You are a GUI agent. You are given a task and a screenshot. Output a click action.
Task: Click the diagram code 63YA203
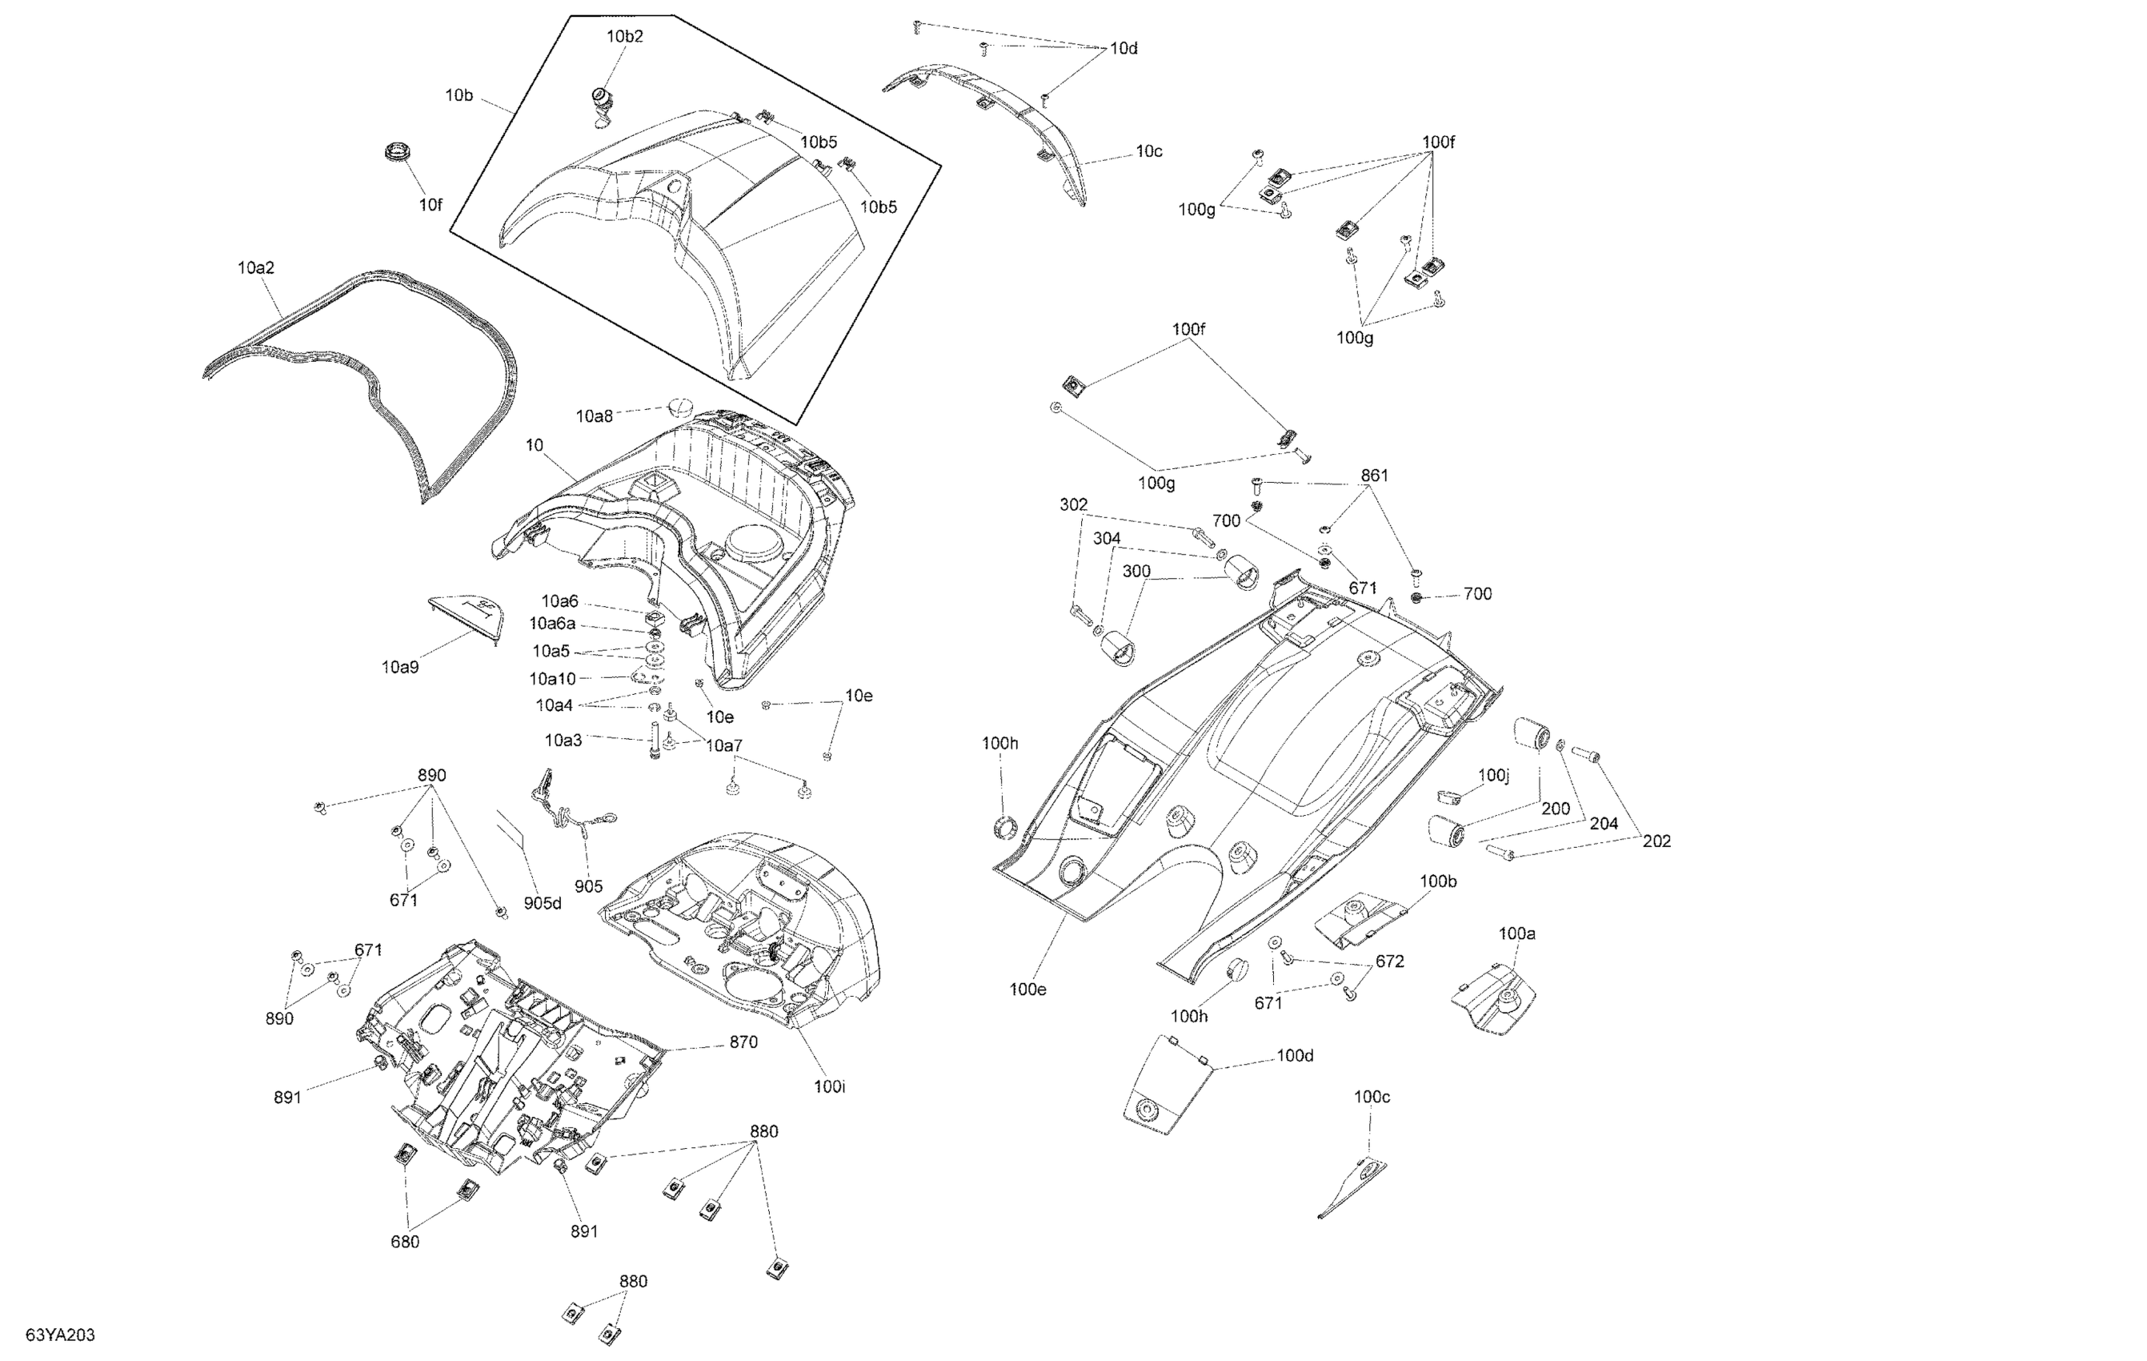coord(60,1335)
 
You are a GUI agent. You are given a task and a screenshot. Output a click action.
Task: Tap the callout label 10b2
coord(624,37)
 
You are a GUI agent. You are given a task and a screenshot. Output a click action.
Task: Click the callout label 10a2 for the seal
coord(256,267)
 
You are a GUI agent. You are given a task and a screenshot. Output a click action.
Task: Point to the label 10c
coord(1148,151)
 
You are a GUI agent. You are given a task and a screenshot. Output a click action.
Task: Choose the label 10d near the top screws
coord(1124,48)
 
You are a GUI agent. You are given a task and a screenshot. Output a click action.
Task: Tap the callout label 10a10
coord(553,679)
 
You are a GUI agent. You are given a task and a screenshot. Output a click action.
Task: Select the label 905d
coord(542,904)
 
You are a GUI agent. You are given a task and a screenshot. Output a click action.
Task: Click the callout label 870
coord(743,1042)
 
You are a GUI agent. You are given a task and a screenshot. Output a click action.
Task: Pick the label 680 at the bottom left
coord(405,1242)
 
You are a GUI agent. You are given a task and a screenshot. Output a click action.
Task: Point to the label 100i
coord(829,1086)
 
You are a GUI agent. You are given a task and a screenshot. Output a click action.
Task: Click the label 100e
coord(1027,989)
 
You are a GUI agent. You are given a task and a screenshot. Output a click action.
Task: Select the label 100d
coord(1295,1056)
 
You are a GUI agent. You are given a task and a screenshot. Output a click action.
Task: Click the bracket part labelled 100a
coord(1500,1000)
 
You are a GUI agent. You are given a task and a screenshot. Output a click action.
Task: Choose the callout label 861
coord(1374,476)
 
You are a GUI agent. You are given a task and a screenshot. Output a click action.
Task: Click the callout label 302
coord(1074,505)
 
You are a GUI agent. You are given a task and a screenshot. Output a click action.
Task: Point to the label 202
coord(1656,841)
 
